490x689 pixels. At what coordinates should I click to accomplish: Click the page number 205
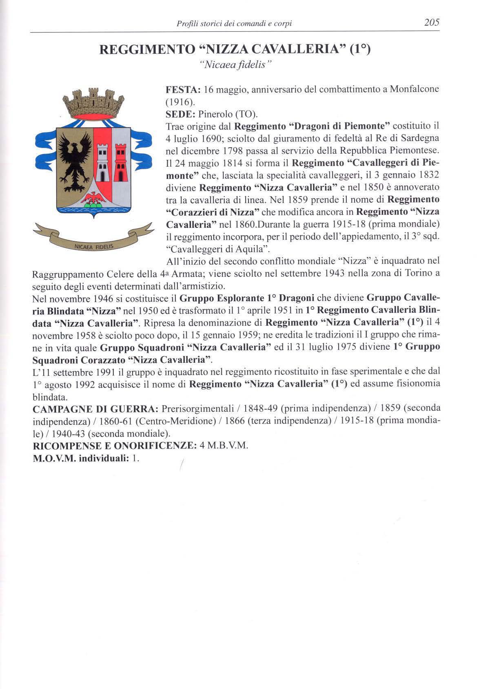(x=431, y=23)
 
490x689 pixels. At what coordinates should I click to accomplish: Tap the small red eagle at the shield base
(x=93, y=199)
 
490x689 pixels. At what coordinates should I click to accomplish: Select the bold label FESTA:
(x=182, y=90)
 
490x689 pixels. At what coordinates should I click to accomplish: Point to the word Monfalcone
(x=415, y=89)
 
